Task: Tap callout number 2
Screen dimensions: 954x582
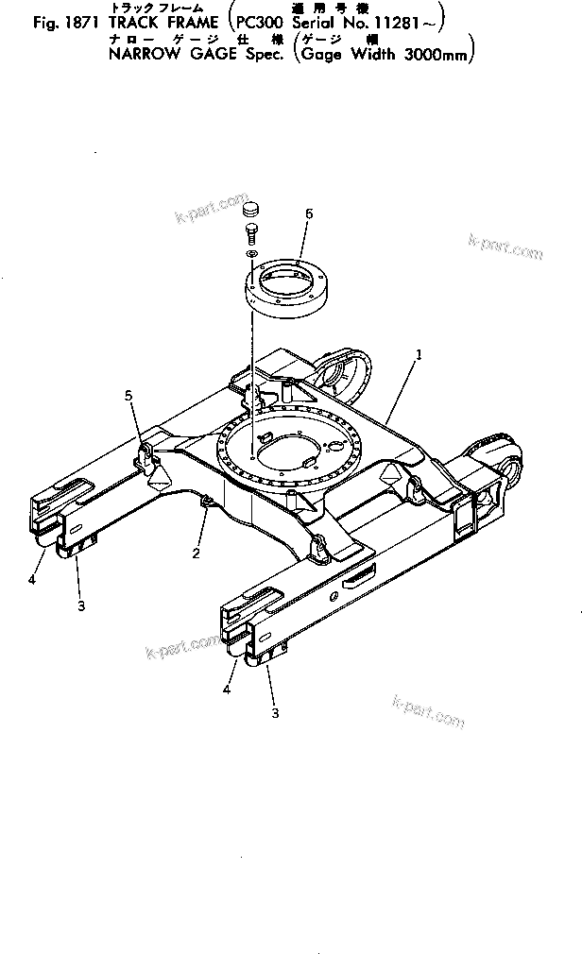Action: tap(197, 554)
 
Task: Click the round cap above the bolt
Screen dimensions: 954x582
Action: tap(250, 209)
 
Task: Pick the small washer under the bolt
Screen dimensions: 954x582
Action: tap(251, 255)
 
